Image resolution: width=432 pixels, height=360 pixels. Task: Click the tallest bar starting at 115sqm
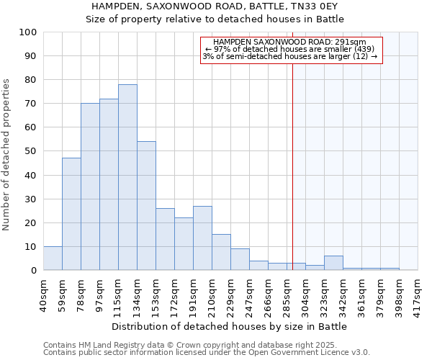pos(127,177)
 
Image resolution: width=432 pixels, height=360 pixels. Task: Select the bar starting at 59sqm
pos(71,214)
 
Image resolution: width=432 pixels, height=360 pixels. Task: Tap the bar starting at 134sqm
pos(146,206)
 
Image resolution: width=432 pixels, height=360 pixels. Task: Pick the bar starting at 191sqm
pos(202,238)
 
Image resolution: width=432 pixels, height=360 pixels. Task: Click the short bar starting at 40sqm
pos(53,258)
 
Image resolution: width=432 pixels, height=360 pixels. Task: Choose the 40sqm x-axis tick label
pos(43,294)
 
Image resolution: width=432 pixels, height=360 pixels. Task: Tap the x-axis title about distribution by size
pos(230,327)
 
